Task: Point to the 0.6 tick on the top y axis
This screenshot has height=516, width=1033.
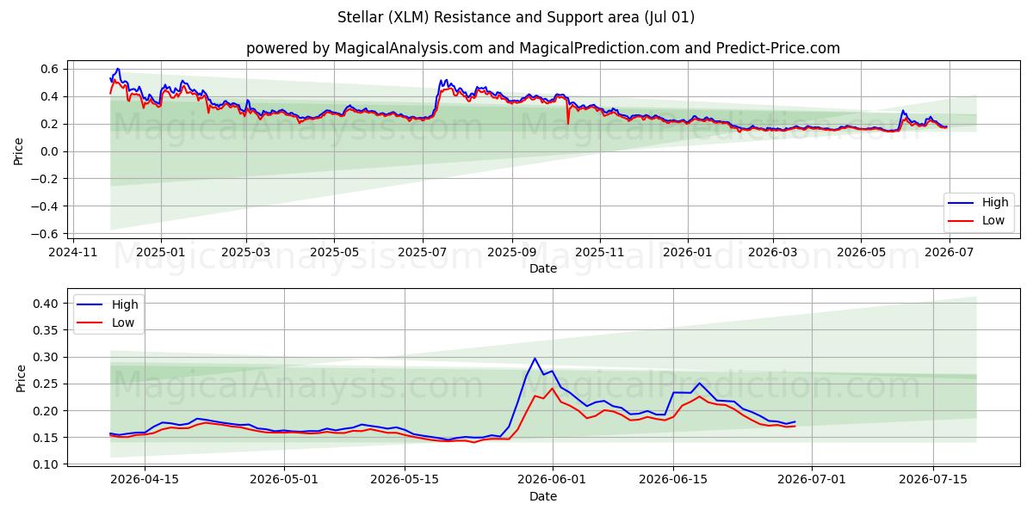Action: pos(49,69)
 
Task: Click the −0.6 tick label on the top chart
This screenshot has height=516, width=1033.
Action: pos(45,234)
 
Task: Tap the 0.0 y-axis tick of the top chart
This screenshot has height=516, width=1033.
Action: pos(49,151)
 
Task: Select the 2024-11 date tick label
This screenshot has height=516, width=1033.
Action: pos(73,253)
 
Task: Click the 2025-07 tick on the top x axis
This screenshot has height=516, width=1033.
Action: pos(423,253)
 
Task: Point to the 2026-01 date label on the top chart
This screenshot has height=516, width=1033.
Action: pos(688,253)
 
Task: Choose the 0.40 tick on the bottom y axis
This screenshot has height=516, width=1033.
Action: pos(46,304)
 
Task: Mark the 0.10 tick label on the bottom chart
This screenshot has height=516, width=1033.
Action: pos(46,464)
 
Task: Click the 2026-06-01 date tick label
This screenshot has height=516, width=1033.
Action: pos(552,480)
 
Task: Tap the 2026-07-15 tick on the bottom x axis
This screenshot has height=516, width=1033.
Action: pos(933,480)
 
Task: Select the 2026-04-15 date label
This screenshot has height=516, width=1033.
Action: pos(145,480)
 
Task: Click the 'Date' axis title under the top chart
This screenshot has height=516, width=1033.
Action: pos(543,268)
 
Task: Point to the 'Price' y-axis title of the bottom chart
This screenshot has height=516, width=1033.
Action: pos(21,378)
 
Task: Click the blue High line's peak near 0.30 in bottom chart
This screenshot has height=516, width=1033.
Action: pos(535,359)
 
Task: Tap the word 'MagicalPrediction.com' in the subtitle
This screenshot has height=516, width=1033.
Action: pos(599,48)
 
